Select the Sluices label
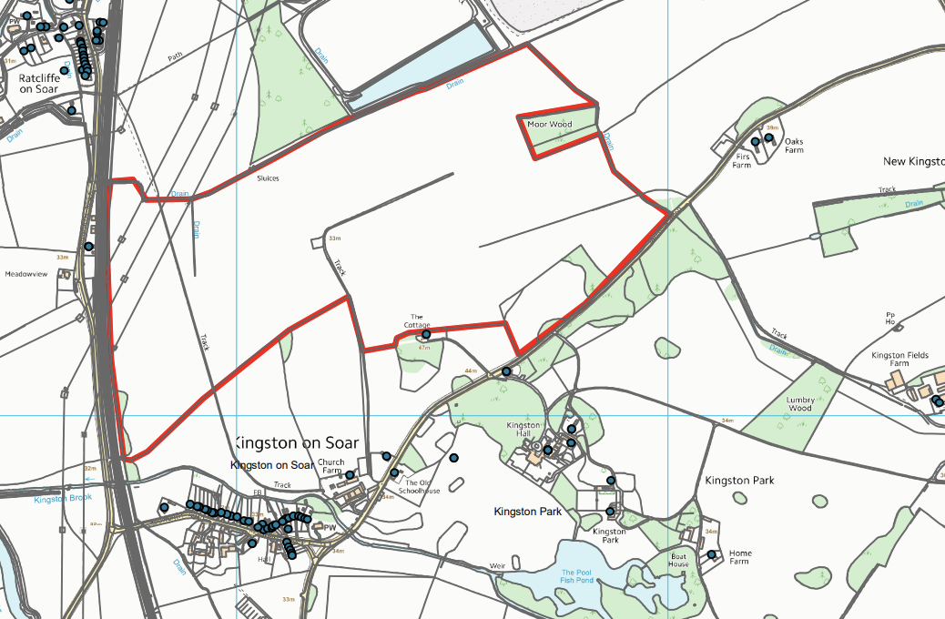tap(268, 178)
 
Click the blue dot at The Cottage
tap(426, 335)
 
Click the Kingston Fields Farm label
tap(899, 359)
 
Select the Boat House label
tap(678, 560)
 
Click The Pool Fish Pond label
tap(577, 576)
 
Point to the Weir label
tap(497, 565)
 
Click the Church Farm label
tap(330, 467)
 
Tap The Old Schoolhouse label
tap(422, 487)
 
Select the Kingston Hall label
tap(523, 430)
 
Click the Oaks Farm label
tap(795, 145)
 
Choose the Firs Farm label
tap(742, 160)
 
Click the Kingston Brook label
tap(64, 499)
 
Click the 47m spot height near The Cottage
tap(424, 348)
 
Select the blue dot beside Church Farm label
tap(350, 475)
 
